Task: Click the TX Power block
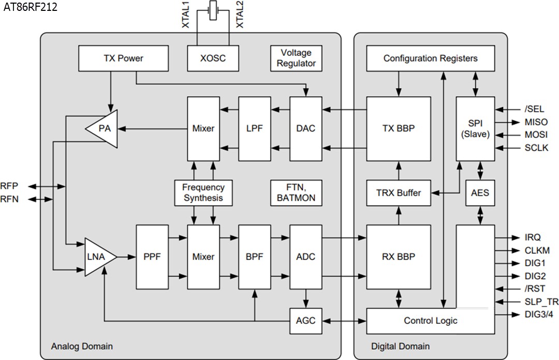click(x=123, y=59)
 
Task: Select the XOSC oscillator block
click(x=213, y=59)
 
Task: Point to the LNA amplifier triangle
click(x=98, y=257)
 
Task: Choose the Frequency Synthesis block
click(x=203, y=193)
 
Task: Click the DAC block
click(x=306, y=128)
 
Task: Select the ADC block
click(x=306, y=257)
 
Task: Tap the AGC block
click(x=306, y=321)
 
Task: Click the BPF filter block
click(x=254, y=257)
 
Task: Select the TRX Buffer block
click(x=399, y=193)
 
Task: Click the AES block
click(x=480, y=193)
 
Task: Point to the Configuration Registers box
click(x=430, y=59)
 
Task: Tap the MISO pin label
click(x=536, y=122)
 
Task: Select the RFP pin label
click(x=9, y=186)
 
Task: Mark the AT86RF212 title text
click(x=31, y=7)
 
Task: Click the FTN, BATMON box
click(x=296, y=193)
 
